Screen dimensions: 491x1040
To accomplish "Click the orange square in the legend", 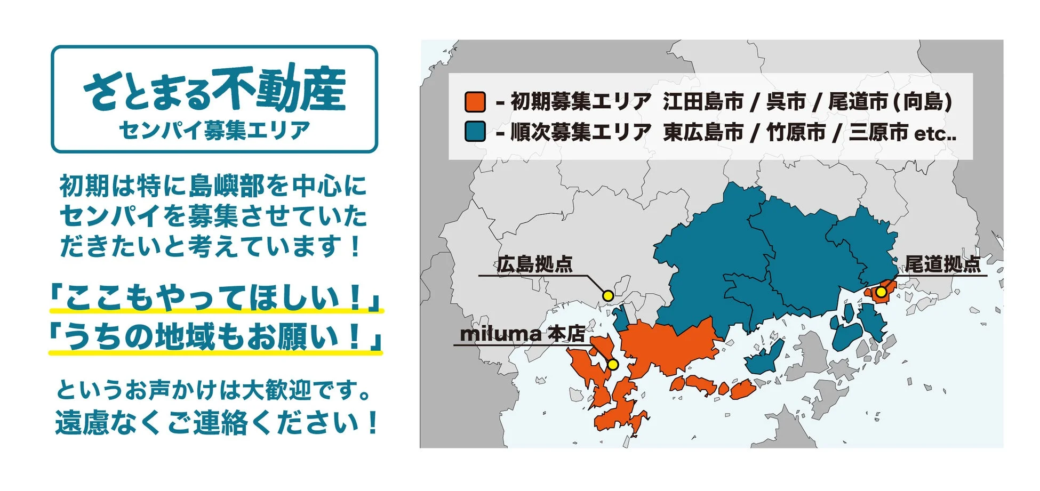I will [x=475, y=102].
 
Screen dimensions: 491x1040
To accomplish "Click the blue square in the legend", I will [x=475, y=132].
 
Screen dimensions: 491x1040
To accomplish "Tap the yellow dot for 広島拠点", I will [x=608, y=295].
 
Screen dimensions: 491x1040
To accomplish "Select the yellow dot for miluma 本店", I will [x=613, y=365].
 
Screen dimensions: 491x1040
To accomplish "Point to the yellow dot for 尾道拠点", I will [x=881, y=292].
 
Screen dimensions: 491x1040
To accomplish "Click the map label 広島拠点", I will [x=534, y=264].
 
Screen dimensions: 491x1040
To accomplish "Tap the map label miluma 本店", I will [x=522, y=334].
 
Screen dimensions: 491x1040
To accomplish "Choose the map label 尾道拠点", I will [x=942, y=264].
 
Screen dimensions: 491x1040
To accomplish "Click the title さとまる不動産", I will [x=214, y=89].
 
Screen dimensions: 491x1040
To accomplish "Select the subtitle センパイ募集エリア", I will [x=214, y=130].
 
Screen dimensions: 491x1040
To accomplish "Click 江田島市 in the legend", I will [x=703, y=101].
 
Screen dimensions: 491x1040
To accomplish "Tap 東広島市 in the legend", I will [x=703, y=132].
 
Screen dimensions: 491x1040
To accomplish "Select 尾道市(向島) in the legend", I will [x=890, y=101].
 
